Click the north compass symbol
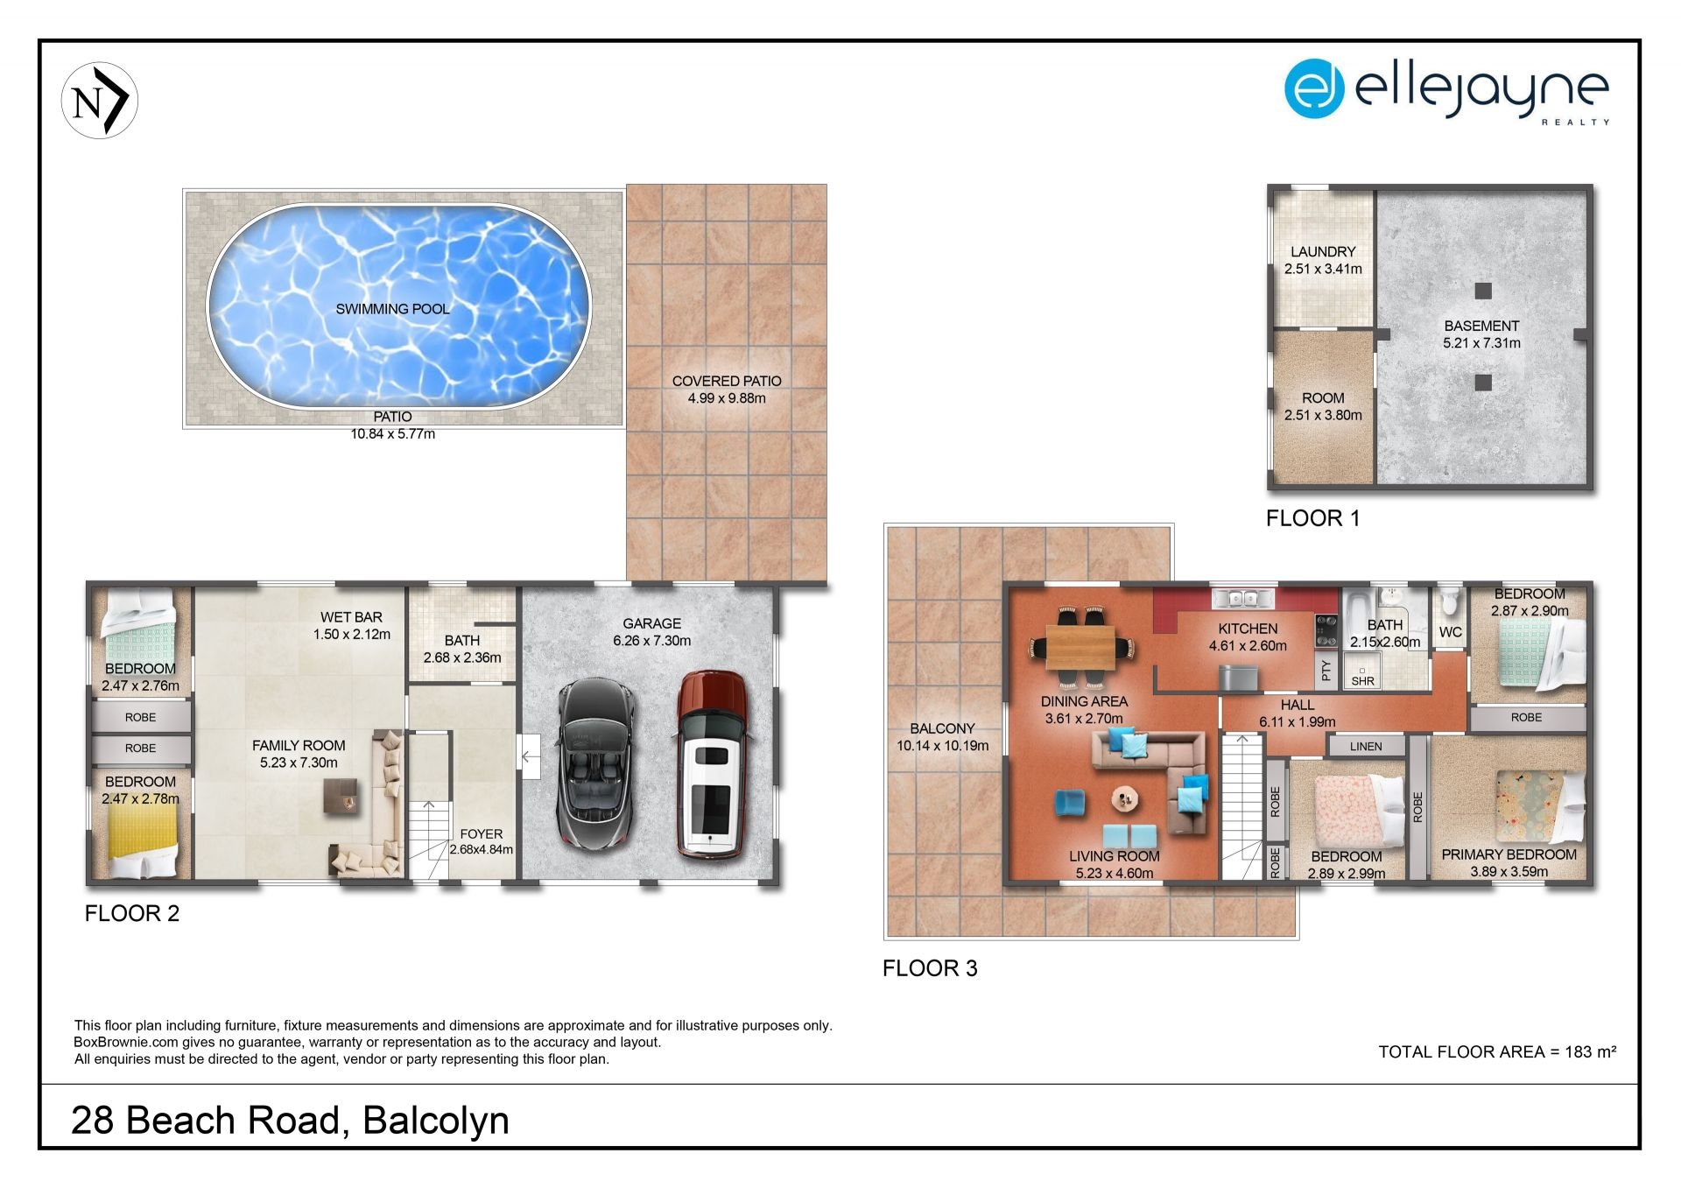point(100,100)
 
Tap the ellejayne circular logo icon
point(1313,88)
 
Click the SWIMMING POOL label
point(392,309)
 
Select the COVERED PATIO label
point(727,381)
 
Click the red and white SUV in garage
point(711,763)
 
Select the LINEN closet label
point(1366,747)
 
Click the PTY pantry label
point(1326,671)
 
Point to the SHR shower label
point(1363,681)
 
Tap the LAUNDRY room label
point(1323,251)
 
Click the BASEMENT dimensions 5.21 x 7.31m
point(1481,343)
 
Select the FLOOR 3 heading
point(930,968)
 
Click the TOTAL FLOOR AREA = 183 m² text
point(1497,1051)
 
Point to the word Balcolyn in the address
point(436,1121)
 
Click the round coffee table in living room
point(1125,798)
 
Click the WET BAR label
point(351,617)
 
